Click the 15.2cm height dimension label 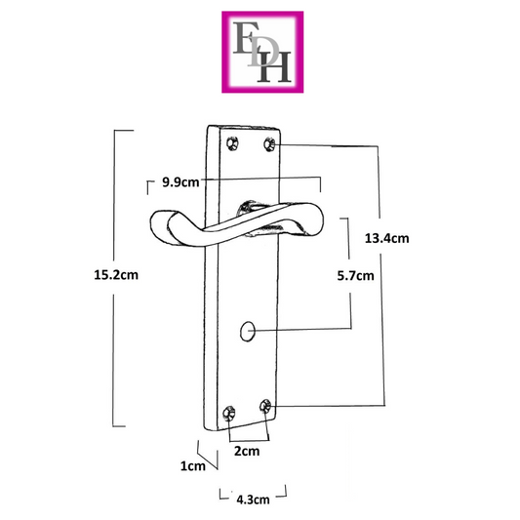coord(116,275)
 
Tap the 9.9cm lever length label coord(180,182)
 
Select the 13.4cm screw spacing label coord(386,238)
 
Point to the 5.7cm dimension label coord(355,275)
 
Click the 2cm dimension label coord(247,451)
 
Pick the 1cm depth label coord(193,466)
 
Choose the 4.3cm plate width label coord(253,500)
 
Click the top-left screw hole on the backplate coord(232,143)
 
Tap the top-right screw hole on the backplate coord(269,144)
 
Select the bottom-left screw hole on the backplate coord(229,413)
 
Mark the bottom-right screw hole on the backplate coord(265,406)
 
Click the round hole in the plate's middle coord(248,331)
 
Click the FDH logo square coord(262,52)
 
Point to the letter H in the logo coord(274,66)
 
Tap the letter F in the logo coord(245,37)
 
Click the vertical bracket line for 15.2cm coord(114,278)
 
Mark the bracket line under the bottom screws coord(249,441)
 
